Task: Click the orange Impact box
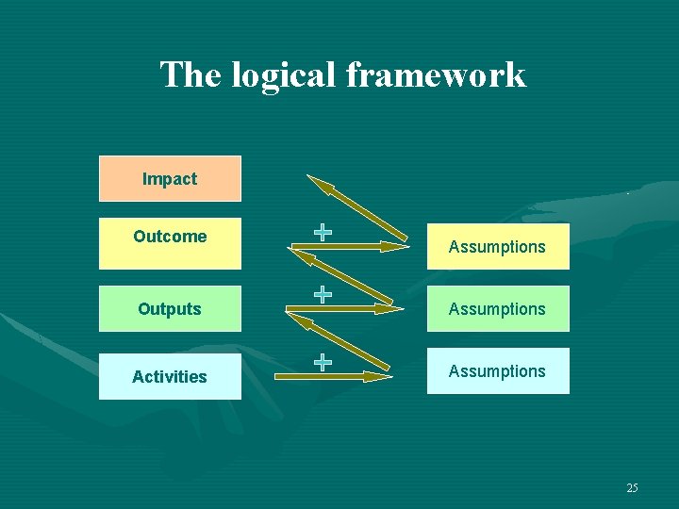point(170,178)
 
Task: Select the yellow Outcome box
point(170,242)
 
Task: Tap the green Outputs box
point(170,308)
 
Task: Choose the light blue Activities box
point(170,374)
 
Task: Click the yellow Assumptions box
point(497,247)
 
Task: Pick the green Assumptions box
point(497,308)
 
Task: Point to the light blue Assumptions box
point(497,370)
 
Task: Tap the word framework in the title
point(437,74)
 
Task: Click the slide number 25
point(632,487)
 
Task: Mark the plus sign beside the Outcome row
point(323,232)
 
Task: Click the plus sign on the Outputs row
point(323,294)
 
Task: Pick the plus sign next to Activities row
point(323,361)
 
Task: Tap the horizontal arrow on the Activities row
point(332,376)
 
